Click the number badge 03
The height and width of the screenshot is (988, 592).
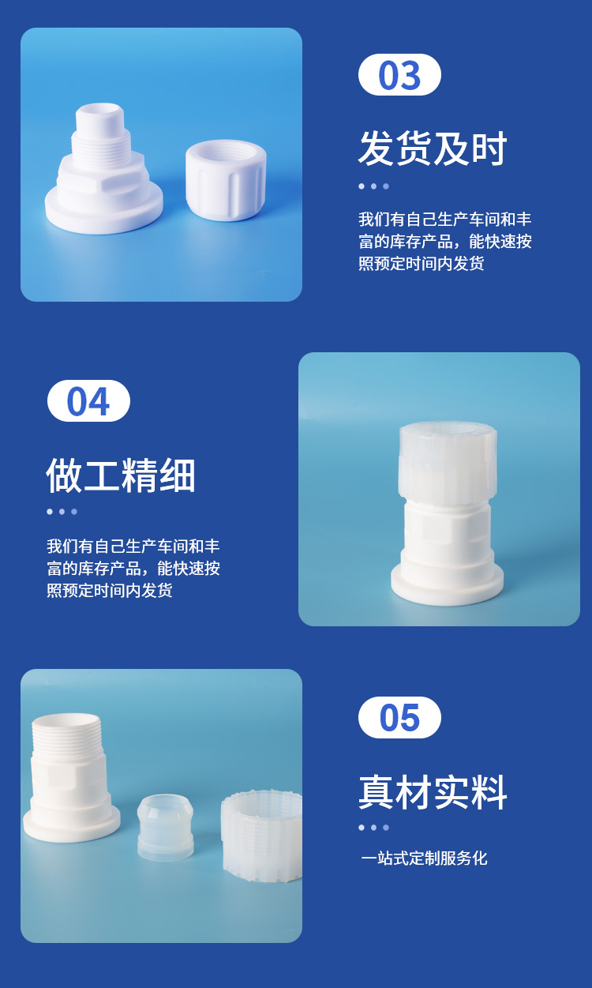tap(399, 74)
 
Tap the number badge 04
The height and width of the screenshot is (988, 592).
tap(88, 400)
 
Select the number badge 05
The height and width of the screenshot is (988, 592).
tap(399, 717)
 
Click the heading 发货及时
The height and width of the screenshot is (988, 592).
tap(433, 148)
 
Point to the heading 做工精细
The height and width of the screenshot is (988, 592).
tap(121, 475)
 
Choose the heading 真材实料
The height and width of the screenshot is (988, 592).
tap(433, 792)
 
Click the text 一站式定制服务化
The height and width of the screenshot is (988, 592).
tap(424, 858)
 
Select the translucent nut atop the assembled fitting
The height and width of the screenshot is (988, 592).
tap(448, 460)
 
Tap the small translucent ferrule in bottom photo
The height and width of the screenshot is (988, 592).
tap(165, 828)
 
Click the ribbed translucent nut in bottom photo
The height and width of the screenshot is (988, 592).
tap(262, 836)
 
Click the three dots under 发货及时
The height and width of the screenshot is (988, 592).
tap(374, 186)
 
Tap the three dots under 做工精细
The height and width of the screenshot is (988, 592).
tap(62, 512)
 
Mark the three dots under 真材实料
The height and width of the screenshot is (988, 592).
tap(374, 828)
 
